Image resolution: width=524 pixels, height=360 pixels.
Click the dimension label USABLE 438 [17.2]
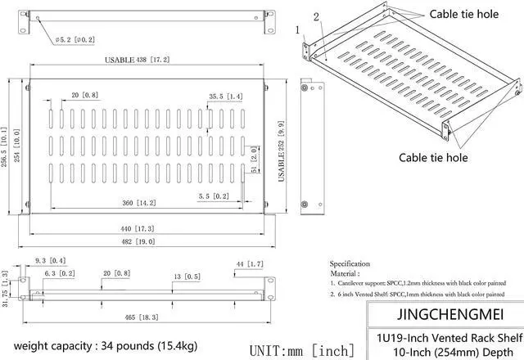point(137,61)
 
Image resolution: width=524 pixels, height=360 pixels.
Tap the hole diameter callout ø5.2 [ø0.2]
point(77,39)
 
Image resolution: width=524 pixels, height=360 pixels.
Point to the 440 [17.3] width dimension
point(137,228)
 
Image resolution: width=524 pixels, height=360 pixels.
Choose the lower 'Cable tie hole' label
point(433,157)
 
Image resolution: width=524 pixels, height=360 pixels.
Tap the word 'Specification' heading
point(350,263)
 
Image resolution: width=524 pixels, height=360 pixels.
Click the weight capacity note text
point(106,344)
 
